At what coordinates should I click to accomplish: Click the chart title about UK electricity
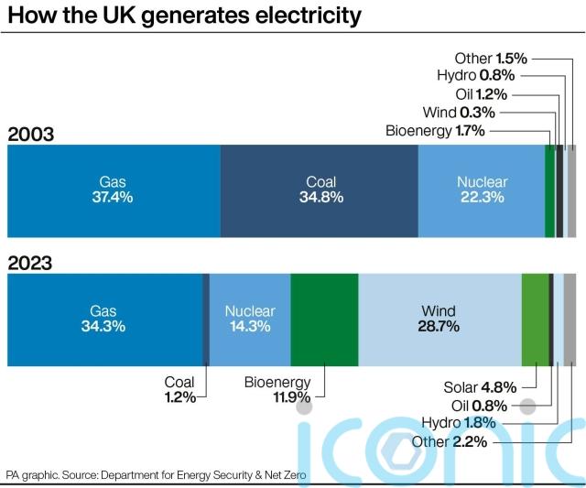[x=184, y=16]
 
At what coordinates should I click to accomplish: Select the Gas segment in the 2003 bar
[x=114, y=190]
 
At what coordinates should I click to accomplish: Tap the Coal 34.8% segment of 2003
[x=320, y=190]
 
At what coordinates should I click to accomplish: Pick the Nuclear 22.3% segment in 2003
[x=482, y=190]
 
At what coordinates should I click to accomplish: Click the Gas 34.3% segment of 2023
[x=103, y=319]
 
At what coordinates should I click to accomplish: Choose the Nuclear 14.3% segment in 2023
[x=249, y=319]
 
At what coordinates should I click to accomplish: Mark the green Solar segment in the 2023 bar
[x=534, y=319]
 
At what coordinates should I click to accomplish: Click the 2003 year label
[x=31, y=135]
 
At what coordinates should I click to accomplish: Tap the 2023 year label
[x=31, y=263]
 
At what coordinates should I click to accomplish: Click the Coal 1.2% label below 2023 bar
[x=179, y=390]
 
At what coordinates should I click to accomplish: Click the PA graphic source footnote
[x=157, y=475]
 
